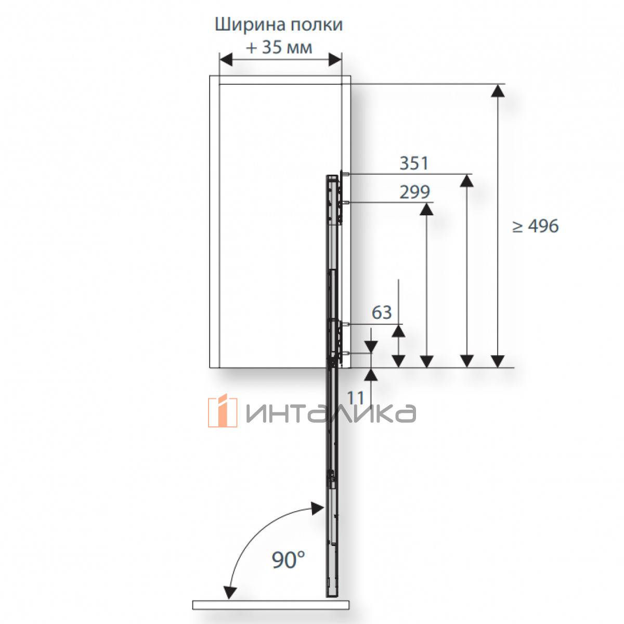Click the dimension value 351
pyautogui.click(x=414, y=163)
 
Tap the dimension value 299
pyautogui.click(x=414, y=192)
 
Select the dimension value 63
pyautogui.click(x=382, y=313)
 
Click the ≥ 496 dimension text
pyautogui.click(x=536, y=226)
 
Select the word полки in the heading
pyautogui.click(x=316, y=25)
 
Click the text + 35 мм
pyautogui.click(x=279, y=48)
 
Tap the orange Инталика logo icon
pyautogui.click(x=222, y=411)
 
